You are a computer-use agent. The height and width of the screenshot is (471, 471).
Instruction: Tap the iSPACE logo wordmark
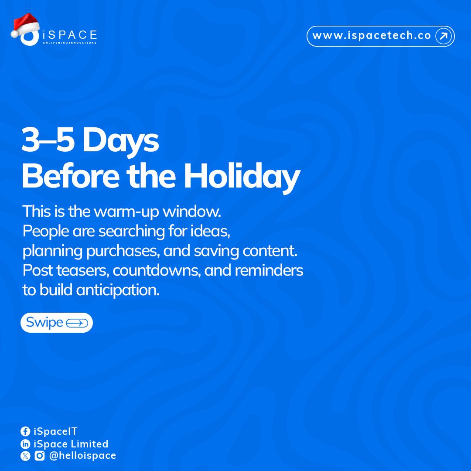(70, 35)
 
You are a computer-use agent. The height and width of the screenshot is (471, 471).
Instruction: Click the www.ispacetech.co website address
(372, 36)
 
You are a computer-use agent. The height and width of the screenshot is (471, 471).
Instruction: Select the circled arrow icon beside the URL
(444, 36)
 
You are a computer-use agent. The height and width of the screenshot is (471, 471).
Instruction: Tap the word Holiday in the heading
(241, 177)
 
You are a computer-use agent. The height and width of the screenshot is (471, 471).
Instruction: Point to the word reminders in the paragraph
(269, 271)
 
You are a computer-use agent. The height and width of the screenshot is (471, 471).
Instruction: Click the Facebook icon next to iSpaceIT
(25, 432)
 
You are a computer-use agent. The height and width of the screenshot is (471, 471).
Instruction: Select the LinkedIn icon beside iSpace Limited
(25, 444)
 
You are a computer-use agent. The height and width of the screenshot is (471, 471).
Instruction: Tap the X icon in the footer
(25, 456)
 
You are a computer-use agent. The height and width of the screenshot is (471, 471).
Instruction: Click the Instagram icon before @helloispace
(40, 456)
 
